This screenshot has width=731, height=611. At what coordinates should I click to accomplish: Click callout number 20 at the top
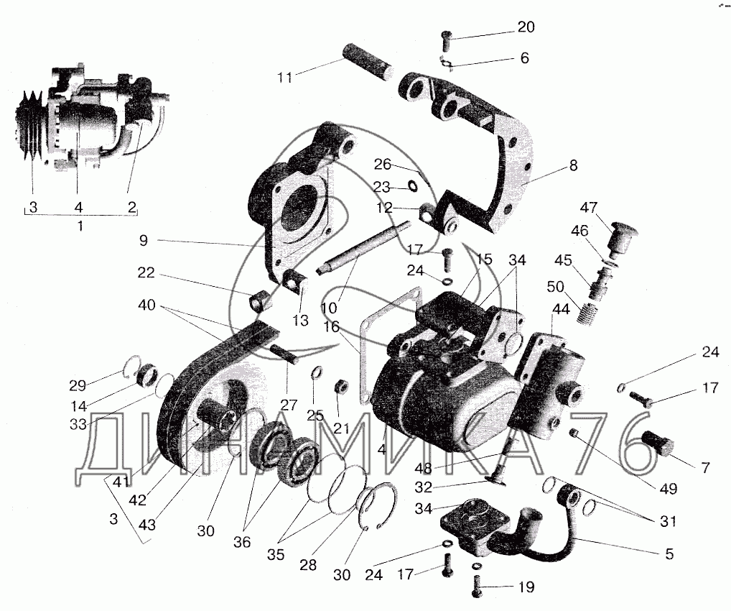point(526,27)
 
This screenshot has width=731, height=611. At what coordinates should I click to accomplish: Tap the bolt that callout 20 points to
point(446,40)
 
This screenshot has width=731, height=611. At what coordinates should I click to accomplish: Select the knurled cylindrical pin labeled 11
point(369,62)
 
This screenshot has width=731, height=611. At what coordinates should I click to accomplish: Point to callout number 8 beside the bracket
point(573,165)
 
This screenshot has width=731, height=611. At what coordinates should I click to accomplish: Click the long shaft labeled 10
point(364,250)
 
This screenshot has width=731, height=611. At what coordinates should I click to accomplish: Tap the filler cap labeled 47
point(623,239)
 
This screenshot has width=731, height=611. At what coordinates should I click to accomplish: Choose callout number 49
point(668,488)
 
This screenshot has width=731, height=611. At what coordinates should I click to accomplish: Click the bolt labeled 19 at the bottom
point(477,586)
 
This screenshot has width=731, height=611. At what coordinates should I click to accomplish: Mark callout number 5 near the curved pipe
point(669,554)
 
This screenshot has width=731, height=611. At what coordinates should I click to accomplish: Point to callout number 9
point(144,240)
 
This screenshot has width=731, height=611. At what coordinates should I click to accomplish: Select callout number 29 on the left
point(78,385)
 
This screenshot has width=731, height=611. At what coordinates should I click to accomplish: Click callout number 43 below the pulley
point(147,525)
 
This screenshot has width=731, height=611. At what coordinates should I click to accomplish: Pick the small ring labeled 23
point(413,187)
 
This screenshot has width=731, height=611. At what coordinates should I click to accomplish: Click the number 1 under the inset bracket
point(80,226)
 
